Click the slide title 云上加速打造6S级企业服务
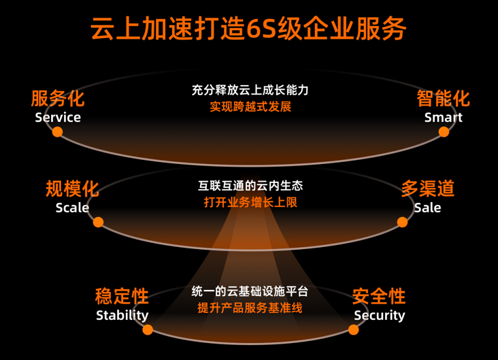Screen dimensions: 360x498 [x=249, y=29]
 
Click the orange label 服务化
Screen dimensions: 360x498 [x=58, y=99]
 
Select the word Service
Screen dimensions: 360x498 [x=58, y=117]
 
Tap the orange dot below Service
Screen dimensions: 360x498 [x=58, y=132]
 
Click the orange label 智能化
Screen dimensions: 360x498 [x=444, y=99]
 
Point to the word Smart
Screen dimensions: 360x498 [x=444, y=117]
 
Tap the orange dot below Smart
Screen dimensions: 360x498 [x=444, y=132]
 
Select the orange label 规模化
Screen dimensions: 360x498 [x=72, y=189]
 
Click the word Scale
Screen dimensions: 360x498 [x=72, y=208]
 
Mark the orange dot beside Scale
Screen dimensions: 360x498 [x=98, y=222]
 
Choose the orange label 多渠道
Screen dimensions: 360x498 [x=428, y=189]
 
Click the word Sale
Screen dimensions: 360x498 [x=428, y=208]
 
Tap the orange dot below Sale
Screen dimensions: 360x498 [x=402, y=222]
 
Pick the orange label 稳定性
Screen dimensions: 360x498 [x=122, y=297]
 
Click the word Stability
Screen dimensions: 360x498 [x=122, y=315]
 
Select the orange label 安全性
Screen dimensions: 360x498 [x=379, y=297]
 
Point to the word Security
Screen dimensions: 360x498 [x=379, y=315]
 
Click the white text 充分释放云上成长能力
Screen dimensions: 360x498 [x=250, y=90]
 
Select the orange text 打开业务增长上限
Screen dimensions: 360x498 [x=250, y=202]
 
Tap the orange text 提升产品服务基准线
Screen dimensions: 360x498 [x=250, y=308]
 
